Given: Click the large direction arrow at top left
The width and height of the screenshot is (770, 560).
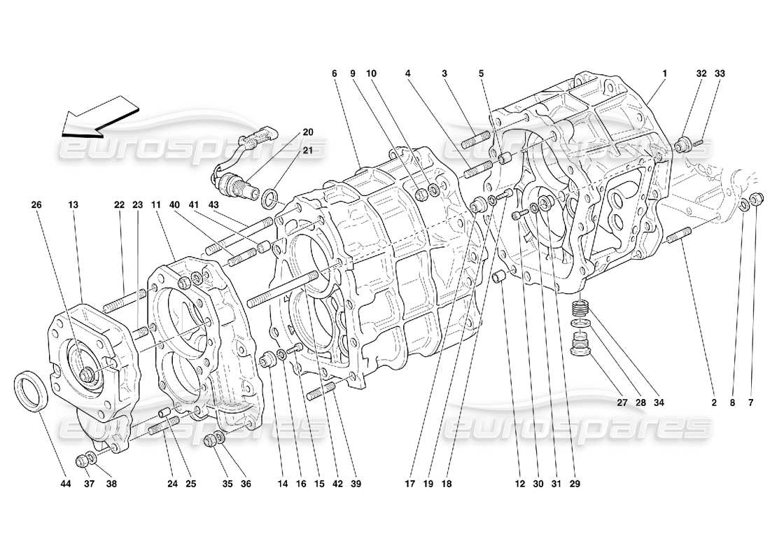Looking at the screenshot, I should (x=99, y=116).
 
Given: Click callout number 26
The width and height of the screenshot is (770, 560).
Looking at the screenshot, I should (x=36, y=205).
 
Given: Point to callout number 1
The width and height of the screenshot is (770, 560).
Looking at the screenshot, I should (x=665, y=73).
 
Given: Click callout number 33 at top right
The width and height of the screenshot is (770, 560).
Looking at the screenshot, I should (x=720, y=73).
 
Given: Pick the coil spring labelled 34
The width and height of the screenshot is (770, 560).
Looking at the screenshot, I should (x=579, y=308).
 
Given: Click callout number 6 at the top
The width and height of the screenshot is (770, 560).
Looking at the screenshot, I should (x=335, y=73).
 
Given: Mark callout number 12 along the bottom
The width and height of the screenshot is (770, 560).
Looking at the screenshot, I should (x=519, y=482).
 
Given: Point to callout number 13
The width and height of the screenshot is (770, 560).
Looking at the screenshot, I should (x=73, y=205).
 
